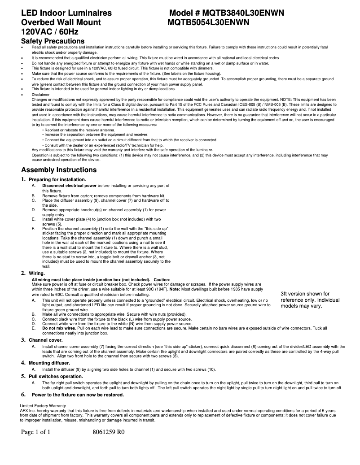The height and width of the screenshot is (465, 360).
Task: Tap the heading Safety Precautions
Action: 53,41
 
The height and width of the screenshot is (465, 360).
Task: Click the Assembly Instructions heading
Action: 59,170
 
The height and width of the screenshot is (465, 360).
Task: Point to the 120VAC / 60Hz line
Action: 50,32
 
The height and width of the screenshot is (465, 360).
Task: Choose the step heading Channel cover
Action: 45,340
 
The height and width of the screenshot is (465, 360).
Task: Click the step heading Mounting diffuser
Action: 49,362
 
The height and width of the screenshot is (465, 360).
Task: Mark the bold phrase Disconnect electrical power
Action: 69,185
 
